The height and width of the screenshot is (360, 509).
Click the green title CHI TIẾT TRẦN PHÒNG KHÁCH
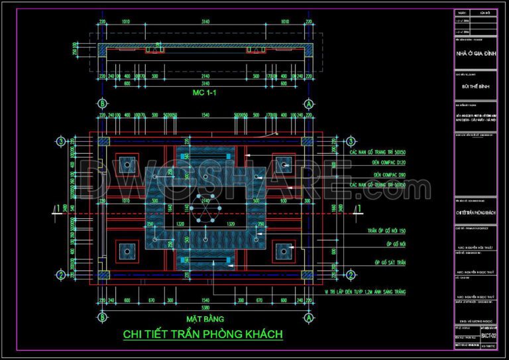click(203, 333)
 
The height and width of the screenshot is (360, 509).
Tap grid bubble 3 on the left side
click(60, 141)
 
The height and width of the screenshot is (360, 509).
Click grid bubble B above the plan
click(102, 104)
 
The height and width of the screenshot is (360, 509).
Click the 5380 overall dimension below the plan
click(205, 308)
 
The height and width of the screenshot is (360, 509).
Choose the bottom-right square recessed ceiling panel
click(284, 251)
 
